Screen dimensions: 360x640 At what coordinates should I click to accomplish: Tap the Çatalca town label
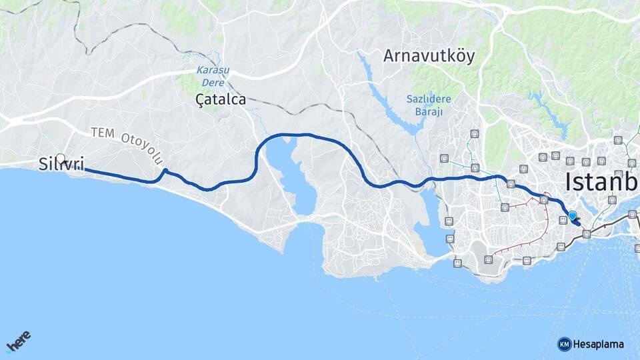(221, 100)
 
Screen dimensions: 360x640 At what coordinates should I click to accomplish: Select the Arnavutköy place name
(429, 56)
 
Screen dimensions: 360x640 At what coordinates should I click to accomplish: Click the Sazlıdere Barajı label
(429, 105)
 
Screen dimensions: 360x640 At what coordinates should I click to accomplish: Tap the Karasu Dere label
(210, 75)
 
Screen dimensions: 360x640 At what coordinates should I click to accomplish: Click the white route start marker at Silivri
(61, 159)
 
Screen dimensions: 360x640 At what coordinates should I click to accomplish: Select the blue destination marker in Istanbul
(572, 215)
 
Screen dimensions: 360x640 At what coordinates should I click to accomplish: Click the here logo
(19, 342)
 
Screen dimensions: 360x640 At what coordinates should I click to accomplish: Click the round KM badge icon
(564, 344)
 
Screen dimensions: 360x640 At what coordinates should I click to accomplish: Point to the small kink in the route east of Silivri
(164, 172)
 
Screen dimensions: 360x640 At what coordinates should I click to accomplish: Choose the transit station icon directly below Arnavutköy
(474, 133)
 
